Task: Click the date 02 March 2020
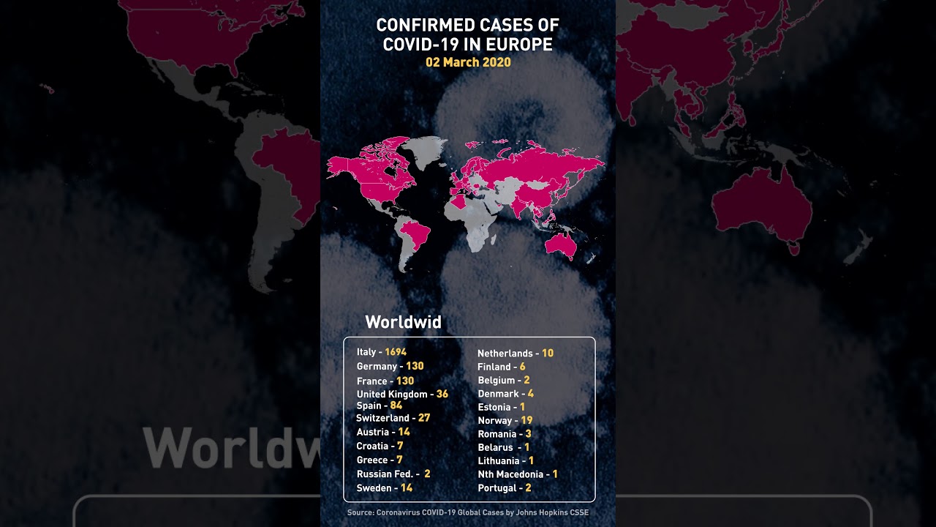point(468,62)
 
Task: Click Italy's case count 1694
point(396,352)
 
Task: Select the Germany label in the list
point(377,366)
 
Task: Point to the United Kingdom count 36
point(442,394)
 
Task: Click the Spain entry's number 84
point(396,405)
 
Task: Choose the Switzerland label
point(382,418)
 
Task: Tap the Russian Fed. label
point(385,474)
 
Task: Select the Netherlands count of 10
point(548,353)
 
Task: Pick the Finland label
point(494,367)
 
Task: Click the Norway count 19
point(526,420)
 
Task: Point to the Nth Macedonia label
point(510,474)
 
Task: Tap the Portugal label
point(497,487)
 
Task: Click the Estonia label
point(494,407)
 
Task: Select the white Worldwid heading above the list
point(403,322)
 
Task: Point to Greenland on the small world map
point(426,150)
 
